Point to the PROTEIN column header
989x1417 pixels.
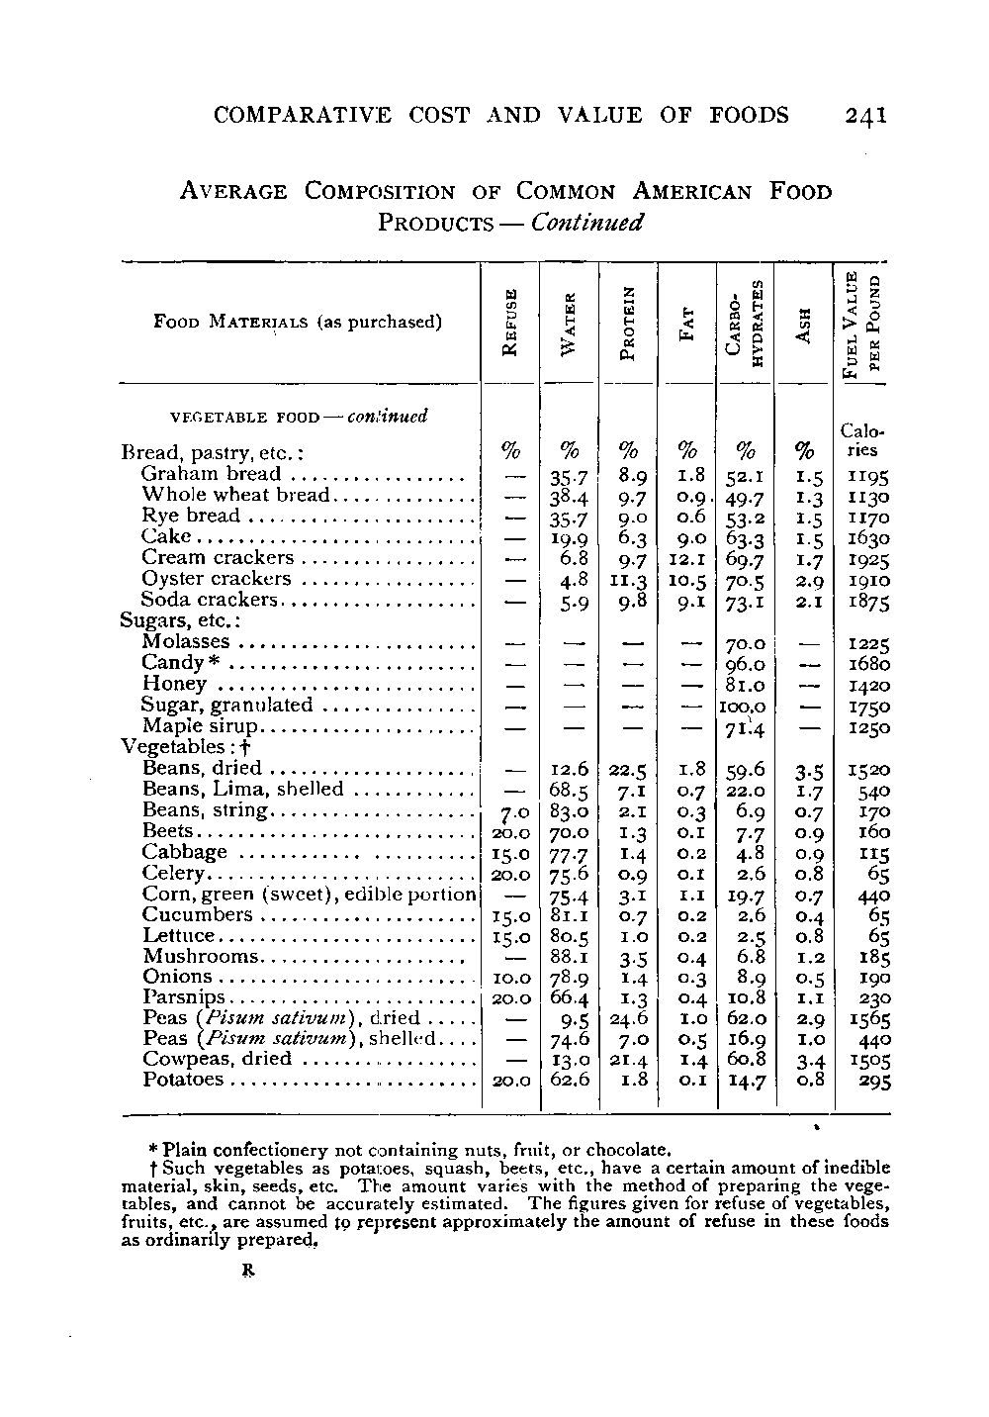click(629, 322)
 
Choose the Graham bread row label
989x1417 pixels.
click(211, 474)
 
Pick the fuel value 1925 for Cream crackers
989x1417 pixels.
click(869, 558)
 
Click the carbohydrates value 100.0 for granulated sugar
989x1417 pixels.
click(746, 706)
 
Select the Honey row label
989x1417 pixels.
click(174, 684)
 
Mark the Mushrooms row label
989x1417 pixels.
click(201, 956)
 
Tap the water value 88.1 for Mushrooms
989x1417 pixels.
click(570, 956)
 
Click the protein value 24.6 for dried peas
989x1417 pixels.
click(629, 1018)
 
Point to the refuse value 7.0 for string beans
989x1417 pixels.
click(508, 811)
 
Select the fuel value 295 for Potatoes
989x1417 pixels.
click(873, 1081)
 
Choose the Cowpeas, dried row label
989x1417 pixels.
click(218, 1059)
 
